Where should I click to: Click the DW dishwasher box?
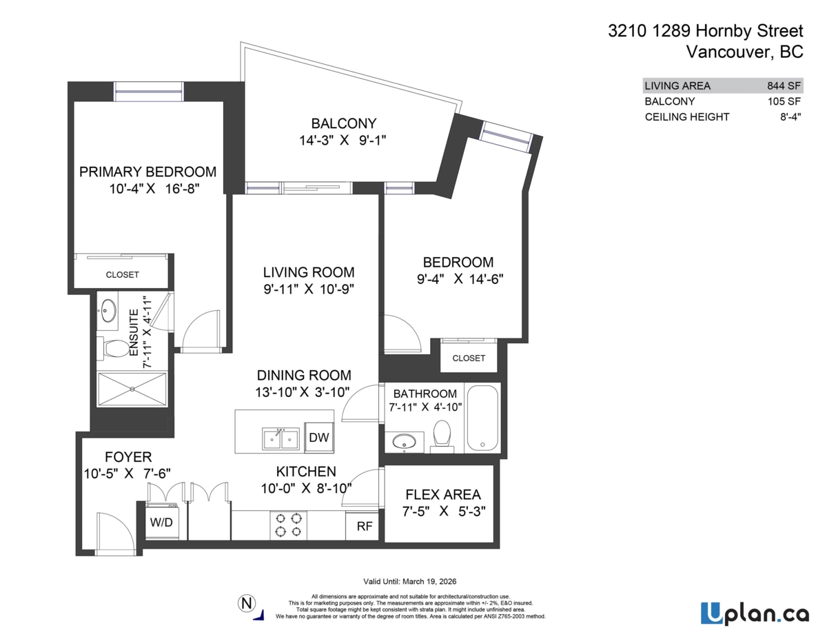click(318, 437)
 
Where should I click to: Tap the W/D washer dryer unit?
click(162, 522)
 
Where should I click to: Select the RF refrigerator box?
click(364, 527)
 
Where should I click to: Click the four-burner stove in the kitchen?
click(288, 525)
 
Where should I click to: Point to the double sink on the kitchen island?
click(280, 438)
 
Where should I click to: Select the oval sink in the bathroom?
click(404, 441)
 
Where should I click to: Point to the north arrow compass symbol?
click(245, 603)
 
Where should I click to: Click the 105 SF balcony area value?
click(785, 101)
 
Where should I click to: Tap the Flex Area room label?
click(443, 494)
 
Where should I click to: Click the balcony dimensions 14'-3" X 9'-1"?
click(343, 140)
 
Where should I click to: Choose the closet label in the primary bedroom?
click(122, 274)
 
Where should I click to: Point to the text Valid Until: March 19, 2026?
click(410, 581)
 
